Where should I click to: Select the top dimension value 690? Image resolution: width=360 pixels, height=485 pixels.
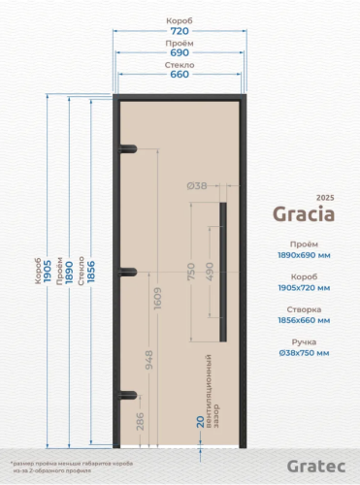click(x=179, y=54)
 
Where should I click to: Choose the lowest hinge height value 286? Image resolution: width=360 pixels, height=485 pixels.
click(x=140, y=421)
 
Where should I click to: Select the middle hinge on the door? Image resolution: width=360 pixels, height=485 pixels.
click(x=125, y=272)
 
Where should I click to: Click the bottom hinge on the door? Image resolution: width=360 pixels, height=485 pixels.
click(x=125, y=395)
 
